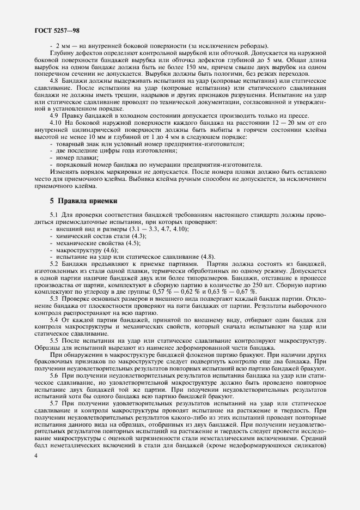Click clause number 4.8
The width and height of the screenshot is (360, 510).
pos(54,81)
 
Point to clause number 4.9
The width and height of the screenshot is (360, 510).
pos(54,114)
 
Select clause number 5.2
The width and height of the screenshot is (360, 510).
pos(54,263)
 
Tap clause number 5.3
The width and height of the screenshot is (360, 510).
pos(54,299)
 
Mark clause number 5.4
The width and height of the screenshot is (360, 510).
pos(54,320)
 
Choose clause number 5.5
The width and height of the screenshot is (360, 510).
pos(54,341)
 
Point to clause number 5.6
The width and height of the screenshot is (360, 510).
pos(54,376)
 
